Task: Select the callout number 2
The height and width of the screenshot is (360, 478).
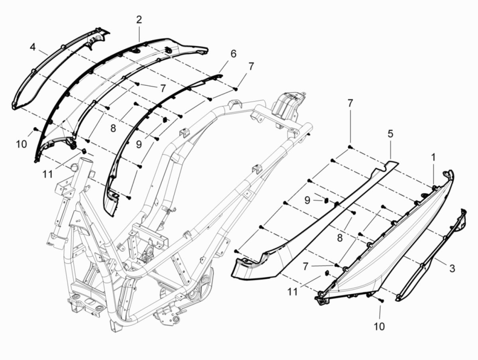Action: (139, 20)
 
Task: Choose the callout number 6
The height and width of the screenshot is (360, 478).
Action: (233, 53)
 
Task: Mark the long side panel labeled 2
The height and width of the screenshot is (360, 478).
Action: (119, 68)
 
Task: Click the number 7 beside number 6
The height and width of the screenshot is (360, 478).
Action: (251, 67)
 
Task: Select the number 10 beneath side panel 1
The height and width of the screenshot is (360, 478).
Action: (379, 327)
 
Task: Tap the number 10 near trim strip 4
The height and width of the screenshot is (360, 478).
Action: (22, 144)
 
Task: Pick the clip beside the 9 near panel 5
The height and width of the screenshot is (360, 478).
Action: (325, 200)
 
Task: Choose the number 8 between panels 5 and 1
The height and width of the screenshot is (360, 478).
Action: (339, 238)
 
